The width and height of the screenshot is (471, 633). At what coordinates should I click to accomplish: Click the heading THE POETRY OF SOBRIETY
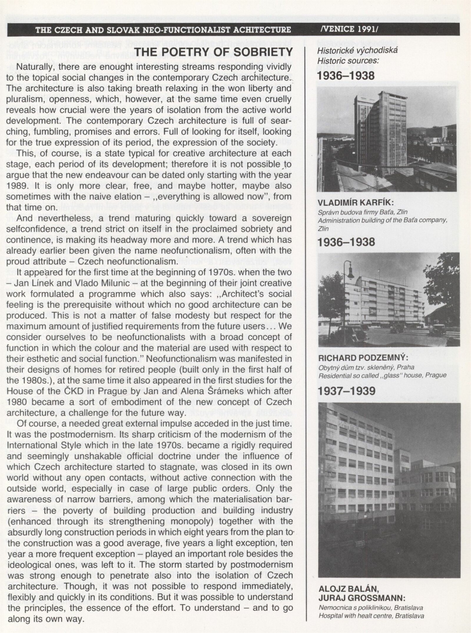coord(213,52)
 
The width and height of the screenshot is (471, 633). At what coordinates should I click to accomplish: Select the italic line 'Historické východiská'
coord(357,50)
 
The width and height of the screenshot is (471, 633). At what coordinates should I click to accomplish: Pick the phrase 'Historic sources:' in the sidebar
coord(348,61)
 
